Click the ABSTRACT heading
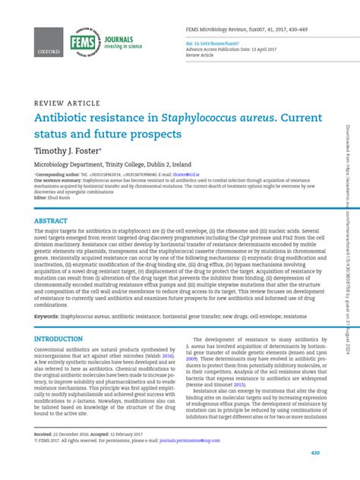point(49,221)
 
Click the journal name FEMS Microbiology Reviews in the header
point(219,29)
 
